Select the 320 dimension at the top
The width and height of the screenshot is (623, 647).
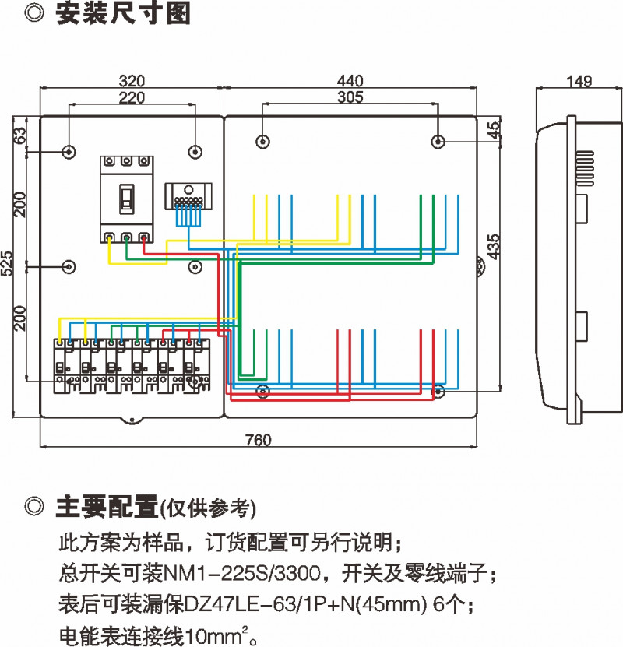coord(132,81)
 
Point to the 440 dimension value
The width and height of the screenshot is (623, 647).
coord(350,81)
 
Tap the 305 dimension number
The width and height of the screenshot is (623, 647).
coord(350,97)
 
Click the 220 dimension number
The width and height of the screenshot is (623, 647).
coord(132,97)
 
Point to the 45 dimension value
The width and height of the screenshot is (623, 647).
coord(492,130)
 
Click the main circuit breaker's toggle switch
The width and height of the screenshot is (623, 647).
coord(125,198)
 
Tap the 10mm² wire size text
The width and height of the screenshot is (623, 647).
coord(226,633)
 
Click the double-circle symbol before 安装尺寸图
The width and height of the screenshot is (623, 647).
coord(33,14)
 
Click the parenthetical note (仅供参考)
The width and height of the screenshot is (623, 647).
coord(208,508)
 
